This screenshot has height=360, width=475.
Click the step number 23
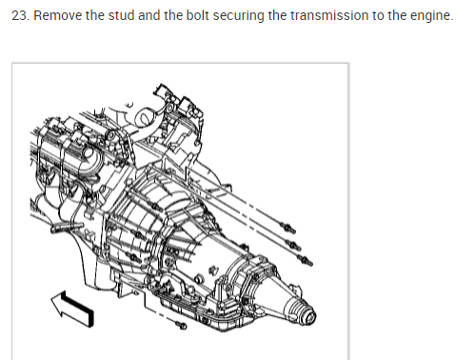21,15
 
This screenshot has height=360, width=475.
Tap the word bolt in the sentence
197,15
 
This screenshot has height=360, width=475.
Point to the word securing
238,16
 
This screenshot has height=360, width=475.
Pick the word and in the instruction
148,15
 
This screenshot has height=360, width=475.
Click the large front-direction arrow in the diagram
73,309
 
